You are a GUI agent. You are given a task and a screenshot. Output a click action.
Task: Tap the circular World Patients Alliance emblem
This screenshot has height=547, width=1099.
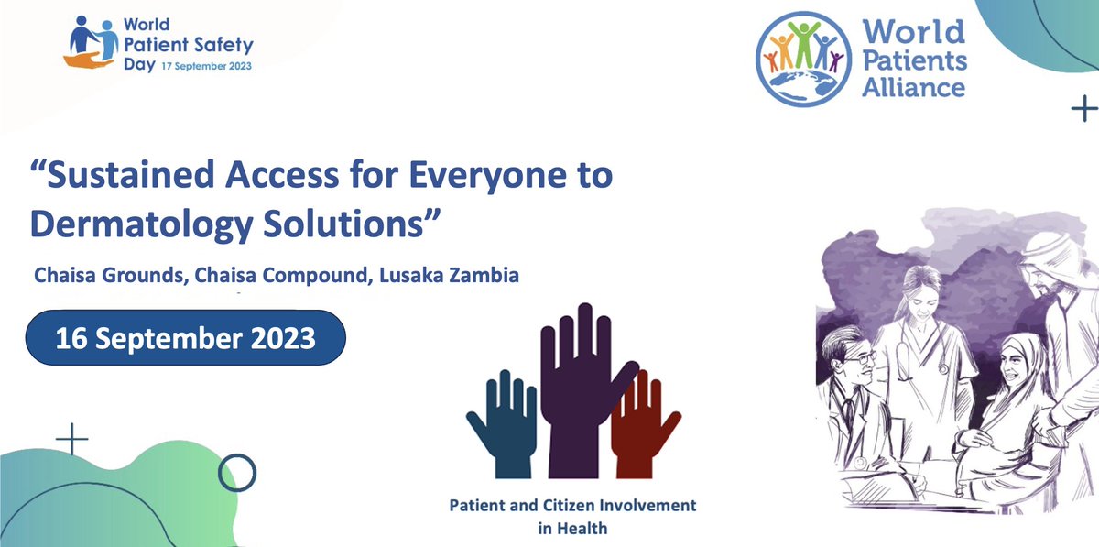[801, 57]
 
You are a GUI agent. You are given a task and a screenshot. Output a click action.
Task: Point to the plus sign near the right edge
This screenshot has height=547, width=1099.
[1083, 112]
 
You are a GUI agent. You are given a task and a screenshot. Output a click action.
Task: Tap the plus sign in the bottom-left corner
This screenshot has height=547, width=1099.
[71, 441]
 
